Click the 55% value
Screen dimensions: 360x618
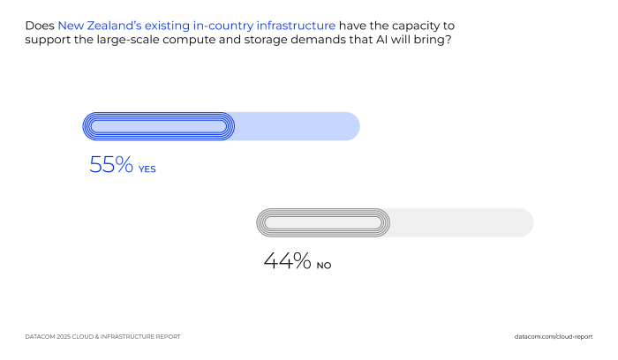coord(111,164)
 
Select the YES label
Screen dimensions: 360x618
coord(147,169)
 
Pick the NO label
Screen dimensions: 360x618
coord(324,265)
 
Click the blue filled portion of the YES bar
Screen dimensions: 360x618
coord(159,127)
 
